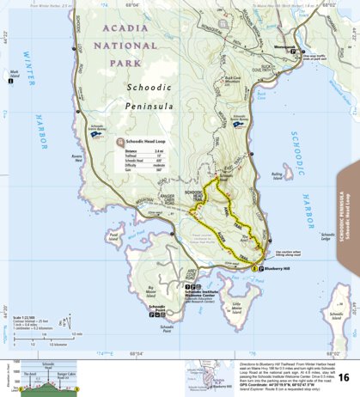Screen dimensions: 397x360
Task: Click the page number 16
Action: (x=344, y=378)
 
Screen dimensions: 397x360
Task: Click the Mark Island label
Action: (x=14, y=76)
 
